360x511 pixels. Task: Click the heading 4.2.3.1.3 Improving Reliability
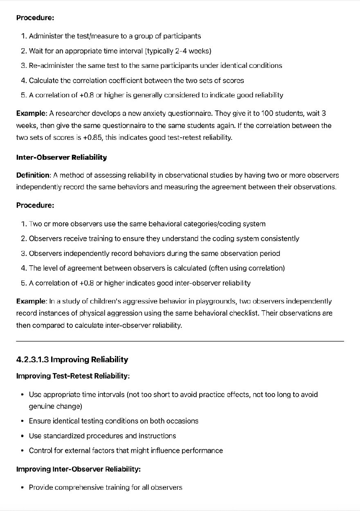click(x=72, y=360)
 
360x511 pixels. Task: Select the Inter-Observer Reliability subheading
click(x=61, y=157)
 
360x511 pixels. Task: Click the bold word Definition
click(x=33, y=175)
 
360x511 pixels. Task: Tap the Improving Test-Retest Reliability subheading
click(x=73, y=375)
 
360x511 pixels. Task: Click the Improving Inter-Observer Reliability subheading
click(x=78, y=469)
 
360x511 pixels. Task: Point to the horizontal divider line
click(x=180, y=341)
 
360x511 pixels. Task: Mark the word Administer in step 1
click(x=46, y=36)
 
